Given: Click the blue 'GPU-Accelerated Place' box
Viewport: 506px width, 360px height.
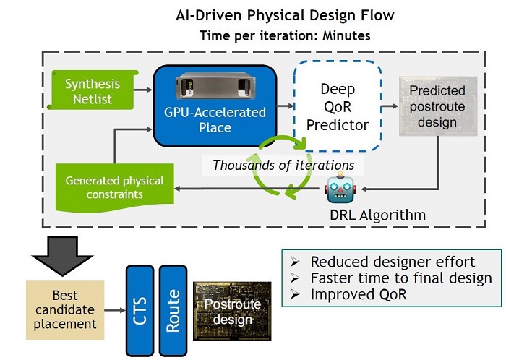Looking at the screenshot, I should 215,119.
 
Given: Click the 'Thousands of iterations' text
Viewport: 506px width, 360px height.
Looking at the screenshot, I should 283,165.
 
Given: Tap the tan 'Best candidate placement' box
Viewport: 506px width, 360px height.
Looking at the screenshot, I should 64,309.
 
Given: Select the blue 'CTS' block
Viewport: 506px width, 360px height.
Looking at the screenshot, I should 139,307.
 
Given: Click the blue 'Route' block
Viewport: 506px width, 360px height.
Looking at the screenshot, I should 172,307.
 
